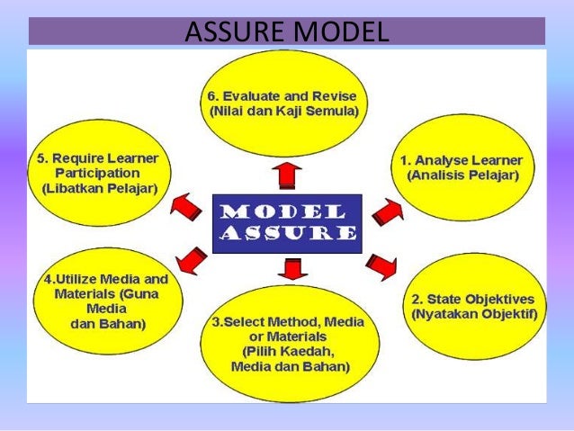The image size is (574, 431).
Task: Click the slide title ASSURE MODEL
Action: point(286,32)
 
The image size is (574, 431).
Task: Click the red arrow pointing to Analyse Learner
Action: point(386,213)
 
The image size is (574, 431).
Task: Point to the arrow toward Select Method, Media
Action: point(291,268)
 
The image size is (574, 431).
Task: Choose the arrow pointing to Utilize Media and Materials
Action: point(191,260)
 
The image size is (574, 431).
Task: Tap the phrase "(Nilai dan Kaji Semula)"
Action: point(284,111)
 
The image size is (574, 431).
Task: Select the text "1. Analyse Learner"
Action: point(462,160)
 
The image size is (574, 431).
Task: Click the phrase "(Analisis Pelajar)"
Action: point(462,175)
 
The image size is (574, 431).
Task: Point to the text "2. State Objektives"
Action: point(472,300)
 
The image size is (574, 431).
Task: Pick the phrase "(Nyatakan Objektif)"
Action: point(473,315)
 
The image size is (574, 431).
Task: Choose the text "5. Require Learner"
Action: point(97,157)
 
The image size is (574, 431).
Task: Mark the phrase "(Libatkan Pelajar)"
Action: point(99,188)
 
